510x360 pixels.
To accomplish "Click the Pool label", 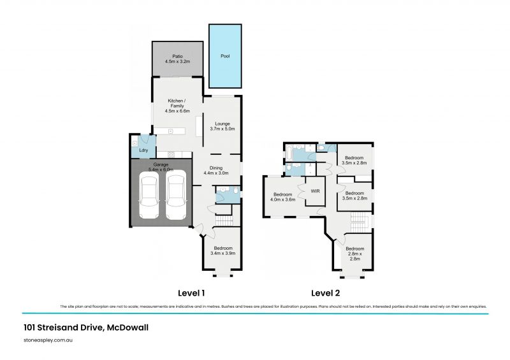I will coord(225,56).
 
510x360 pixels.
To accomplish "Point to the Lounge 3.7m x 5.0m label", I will coord(222,126).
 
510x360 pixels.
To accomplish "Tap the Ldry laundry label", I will coord(144,150).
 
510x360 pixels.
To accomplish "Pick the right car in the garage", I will coord(175,198).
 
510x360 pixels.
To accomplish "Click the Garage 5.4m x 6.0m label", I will coord(161,167).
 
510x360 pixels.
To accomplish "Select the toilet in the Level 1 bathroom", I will coord(235,191).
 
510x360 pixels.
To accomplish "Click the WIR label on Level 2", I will coord(315,191).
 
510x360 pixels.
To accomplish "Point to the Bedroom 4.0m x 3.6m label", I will coord(282,197).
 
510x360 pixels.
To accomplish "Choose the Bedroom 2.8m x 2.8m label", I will coord(355,254).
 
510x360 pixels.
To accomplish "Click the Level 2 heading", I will coord(325,294).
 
